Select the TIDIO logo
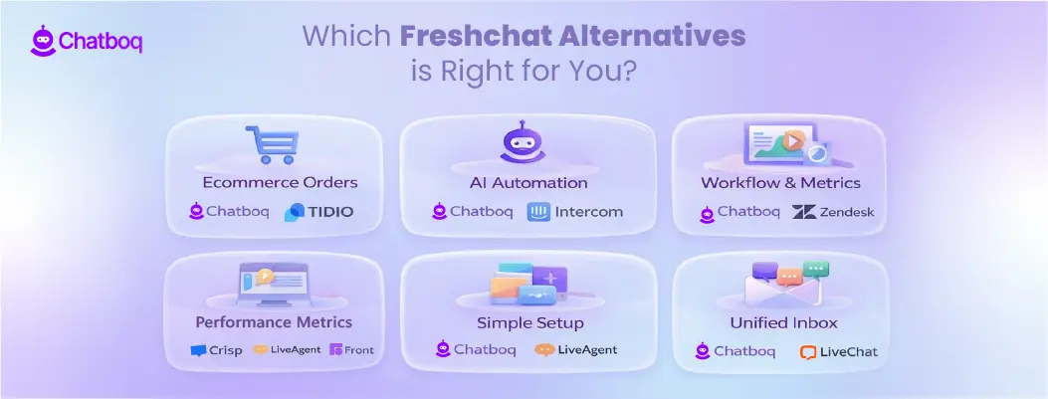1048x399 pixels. click(318, 212)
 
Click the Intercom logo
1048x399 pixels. click(574, 212)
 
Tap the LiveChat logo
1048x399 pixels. click(838, 352)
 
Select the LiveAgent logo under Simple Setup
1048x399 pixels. click(575, 349)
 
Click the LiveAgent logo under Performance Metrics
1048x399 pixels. click(287, 350)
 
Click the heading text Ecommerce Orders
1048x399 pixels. click(265, 183)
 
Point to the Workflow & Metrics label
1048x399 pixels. click(780, 183)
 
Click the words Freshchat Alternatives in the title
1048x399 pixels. click(572, 37)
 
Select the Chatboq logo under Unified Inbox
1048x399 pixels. click(738, 351)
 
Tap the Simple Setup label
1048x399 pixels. click(528, 322)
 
